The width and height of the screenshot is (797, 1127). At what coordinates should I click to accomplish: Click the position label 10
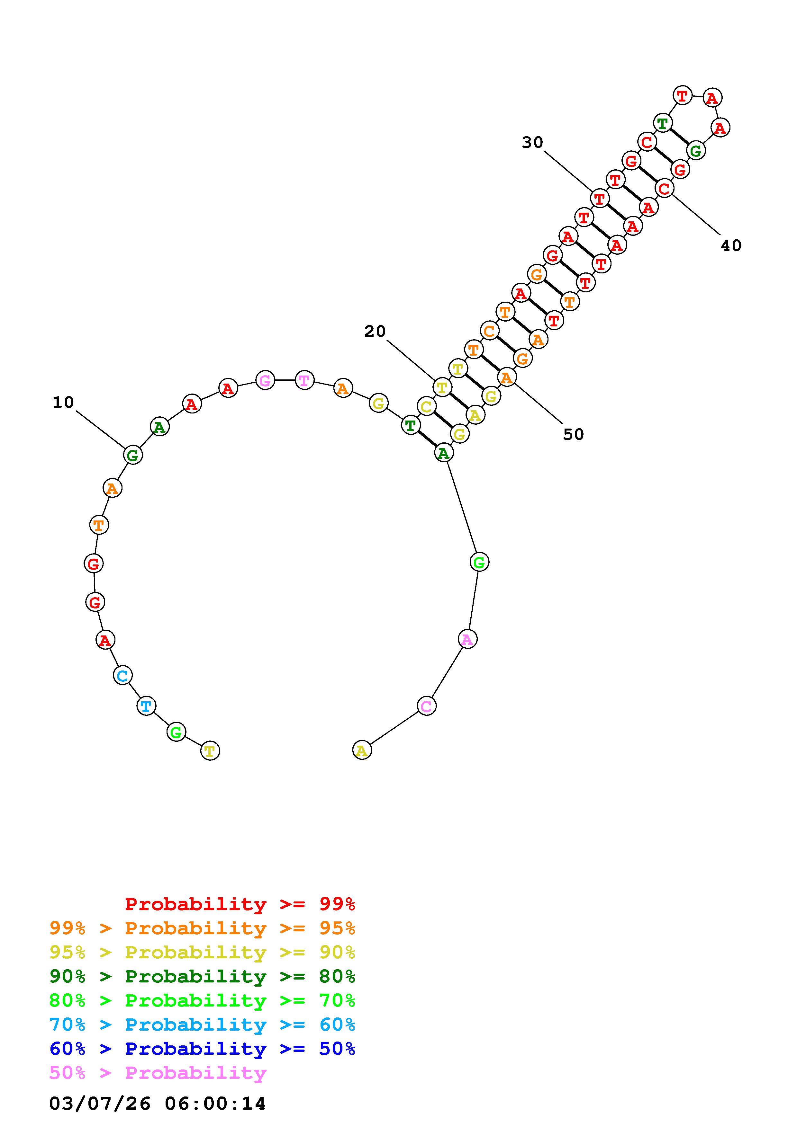(63, 403)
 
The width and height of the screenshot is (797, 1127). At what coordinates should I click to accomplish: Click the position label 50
(574, 434)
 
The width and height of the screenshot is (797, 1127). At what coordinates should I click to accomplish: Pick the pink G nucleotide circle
(265, 380)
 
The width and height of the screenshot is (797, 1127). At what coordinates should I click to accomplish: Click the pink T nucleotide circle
(304, 380)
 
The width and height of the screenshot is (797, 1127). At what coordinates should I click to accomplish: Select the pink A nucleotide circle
(467, 639)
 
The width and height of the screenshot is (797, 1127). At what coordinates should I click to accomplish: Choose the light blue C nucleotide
(123, 675)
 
